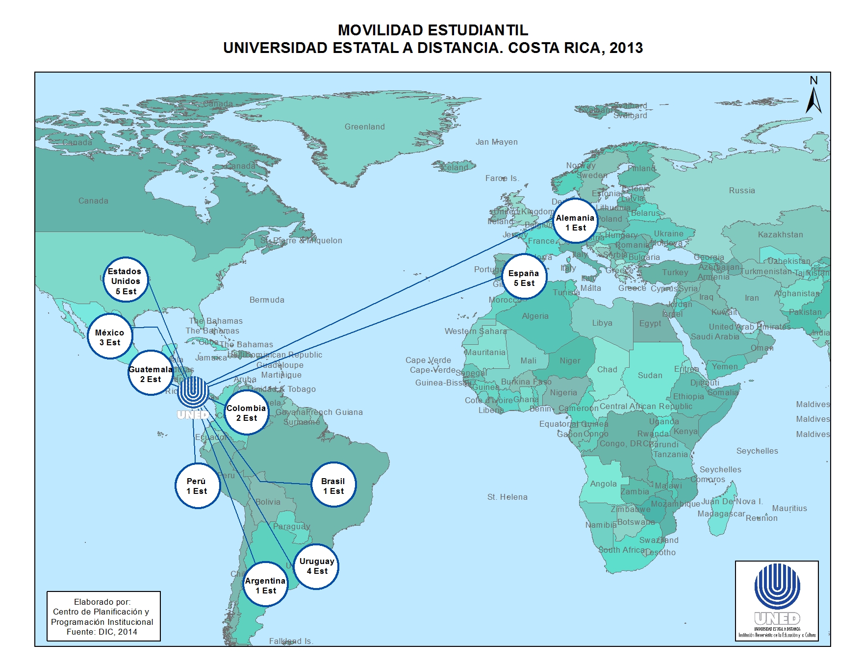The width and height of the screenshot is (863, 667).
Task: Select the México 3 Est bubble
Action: [110, 337]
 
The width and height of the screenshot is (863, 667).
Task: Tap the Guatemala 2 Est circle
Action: [151, 374]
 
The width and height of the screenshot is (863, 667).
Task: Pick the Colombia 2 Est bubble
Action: [247, 412]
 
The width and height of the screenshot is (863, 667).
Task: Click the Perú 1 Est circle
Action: [197, 486]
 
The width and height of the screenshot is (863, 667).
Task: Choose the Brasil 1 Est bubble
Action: [333, 486]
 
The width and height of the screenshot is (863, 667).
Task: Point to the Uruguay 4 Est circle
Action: [316, 566]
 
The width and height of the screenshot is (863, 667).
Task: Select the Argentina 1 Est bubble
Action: [265, 585]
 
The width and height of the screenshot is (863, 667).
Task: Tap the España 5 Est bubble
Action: [524, 278]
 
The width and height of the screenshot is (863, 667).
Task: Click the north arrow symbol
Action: [813, 96]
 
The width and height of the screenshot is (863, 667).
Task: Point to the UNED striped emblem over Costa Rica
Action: [193, 392]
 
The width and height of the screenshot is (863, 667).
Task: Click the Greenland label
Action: [364, 127]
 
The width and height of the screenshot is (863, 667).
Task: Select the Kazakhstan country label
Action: [780, 234]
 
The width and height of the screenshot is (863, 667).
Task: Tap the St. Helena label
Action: [507, 497]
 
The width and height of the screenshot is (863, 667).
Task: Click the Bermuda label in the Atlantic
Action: [267, 300]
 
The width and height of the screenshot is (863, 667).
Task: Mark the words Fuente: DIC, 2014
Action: [102, 632]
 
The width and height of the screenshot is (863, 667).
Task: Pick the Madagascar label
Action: [721, 513]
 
